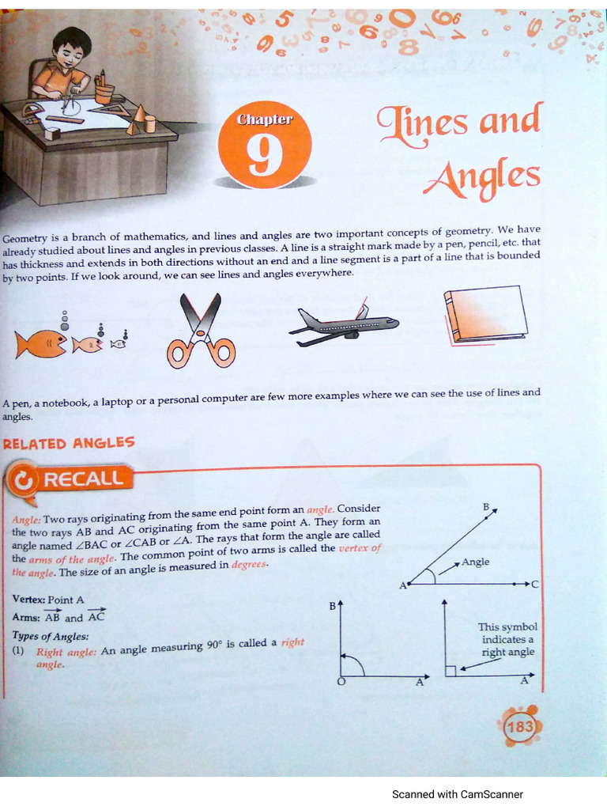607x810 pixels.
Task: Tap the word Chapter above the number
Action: coord(265,119)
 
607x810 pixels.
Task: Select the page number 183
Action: coord(520,726)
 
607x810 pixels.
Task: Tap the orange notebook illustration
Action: coord(484,314)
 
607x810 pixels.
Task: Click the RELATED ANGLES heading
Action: coord(69,443)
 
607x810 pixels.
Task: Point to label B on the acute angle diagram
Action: coord(486,505)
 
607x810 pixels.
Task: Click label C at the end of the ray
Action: coord(535,584)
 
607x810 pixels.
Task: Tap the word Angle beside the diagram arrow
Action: coord(476,562)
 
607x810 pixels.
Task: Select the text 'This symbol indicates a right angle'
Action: coord(507,639)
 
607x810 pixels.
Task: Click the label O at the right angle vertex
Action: coord(341,684)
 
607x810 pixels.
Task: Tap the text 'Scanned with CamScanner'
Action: coord(458,794)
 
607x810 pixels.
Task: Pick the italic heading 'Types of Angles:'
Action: coord(51,635)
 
